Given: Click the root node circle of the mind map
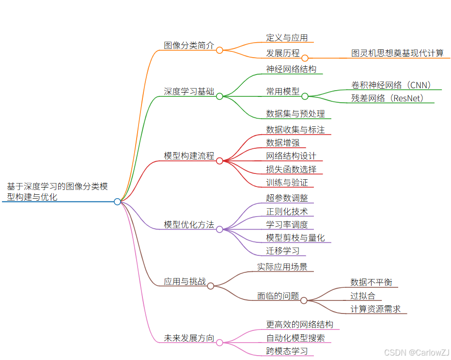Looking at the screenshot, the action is [117, 202].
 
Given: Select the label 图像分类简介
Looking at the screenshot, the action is [189, 46].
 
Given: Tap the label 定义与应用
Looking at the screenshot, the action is [287, 38].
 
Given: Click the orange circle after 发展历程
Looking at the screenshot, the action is [305, 58].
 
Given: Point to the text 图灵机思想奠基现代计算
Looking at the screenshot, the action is [397, 53].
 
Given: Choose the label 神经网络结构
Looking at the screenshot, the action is [291, 69].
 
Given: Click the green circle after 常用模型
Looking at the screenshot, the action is [305, 96].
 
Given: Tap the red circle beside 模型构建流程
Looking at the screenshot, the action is [219, 161].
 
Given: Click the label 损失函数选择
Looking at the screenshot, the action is [291, 170].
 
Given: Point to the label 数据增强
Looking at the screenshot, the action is [282, 142].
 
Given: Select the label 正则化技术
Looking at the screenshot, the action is [287, 212].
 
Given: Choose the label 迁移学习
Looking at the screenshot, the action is [282, 251].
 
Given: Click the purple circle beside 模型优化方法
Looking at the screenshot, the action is [219, 229].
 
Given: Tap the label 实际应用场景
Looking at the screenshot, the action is [282, 267].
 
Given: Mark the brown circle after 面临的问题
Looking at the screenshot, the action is [304, 300].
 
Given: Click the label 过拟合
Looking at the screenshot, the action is [363, 296].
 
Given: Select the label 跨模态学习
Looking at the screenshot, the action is [287, 351].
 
